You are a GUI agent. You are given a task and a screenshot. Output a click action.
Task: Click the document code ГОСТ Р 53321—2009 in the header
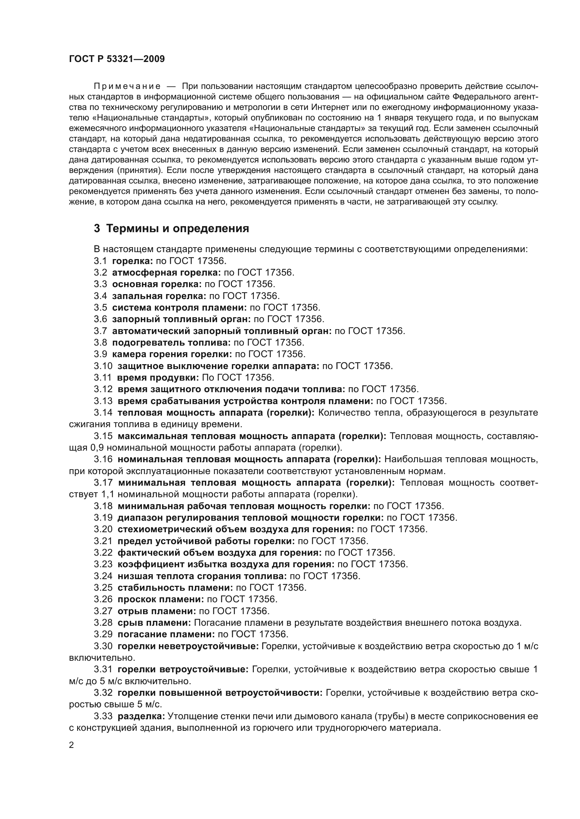[117, 59]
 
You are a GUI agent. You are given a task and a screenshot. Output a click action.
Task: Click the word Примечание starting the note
[127, 86]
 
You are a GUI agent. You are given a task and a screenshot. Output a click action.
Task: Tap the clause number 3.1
[100, 261]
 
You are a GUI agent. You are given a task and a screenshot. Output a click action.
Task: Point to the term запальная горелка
[159, 296]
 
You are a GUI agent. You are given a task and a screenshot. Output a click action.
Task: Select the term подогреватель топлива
[171, 342]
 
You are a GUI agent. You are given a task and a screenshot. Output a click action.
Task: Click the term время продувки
[158, 377]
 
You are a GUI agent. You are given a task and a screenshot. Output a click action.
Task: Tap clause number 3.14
[103, 412]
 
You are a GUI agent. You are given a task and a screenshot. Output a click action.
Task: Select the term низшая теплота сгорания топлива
[202, 576]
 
